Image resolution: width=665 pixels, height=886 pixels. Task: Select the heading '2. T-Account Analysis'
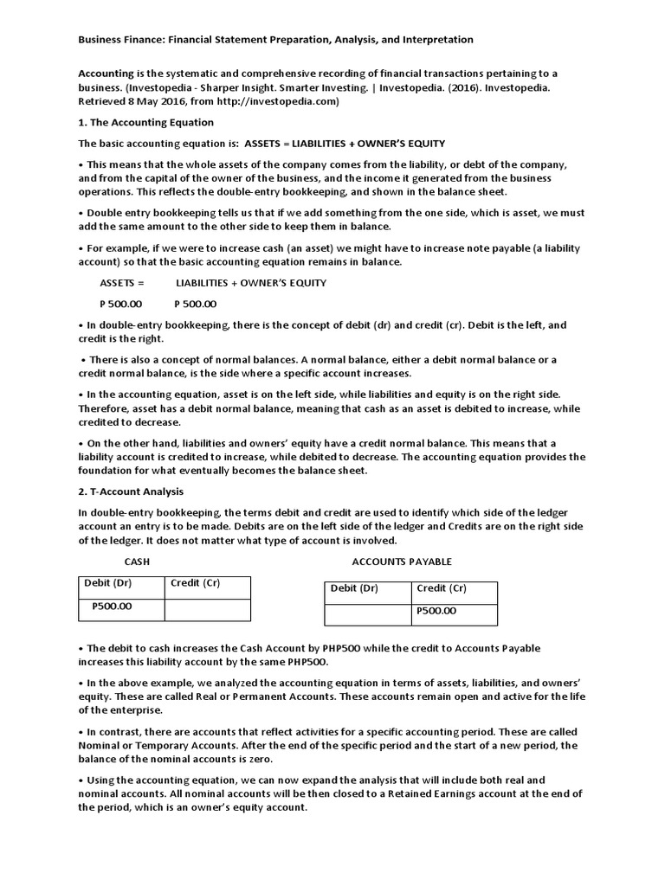click(130, 491)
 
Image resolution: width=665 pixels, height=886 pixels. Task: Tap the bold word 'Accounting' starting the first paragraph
click(106, 74)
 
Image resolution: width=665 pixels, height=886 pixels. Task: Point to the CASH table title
click(138, 562)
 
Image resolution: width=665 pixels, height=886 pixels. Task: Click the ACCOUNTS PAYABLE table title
click(402, 562)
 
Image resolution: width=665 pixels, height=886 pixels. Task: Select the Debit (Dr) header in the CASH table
click(109, 583)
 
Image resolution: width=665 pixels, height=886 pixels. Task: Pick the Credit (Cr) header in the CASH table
click(196, 583)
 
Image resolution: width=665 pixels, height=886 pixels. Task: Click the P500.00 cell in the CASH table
click(112, 607)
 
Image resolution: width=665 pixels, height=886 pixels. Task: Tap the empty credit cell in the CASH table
click(207, 610)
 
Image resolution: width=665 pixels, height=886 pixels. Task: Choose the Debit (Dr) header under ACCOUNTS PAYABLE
click(354, 588)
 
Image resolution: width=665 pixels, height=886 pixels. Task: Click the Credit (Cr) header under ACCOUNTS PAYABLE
click(442, 588)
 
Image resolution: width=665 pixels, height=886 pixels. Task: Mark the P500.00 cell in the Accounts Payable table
click(436, 611)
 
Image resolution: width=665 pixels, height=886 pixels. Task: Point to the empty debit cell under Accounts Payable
click(367, 614)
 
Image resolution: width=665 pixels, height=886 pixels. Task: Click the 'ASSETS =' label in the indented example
click(123, 283)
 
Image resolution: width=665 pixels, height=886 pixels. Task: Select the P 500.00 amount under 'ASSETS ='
click(121, 304)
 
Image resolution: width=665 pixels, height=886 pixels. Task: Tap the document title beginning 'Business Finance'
click(276, 40)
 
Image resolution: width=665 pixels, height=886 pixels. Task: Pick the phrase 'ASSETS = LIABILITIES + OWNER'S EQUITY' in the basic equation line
click(345, 143)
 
